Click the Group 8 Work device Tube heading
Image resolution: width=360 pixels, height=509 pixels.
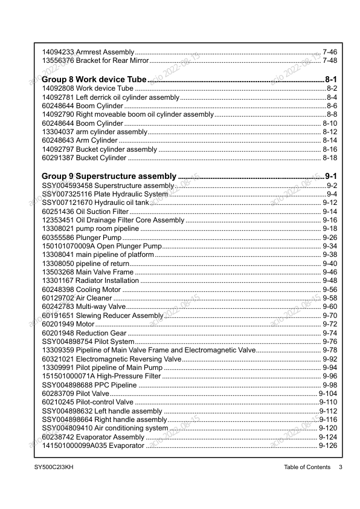[94, 80]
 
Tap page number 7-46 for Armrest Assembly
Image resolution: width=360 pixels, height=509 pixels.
[330, 53]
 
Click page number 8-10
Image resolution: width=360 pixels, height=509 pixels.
[330, 123]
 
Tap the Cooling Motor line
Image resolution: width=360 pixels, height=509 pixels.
[82, 290]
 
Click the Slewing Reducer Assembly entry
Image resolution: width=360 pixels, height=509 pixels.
[103, 316]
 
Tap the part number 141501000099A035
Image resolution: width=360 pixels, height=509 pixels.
[74, 446]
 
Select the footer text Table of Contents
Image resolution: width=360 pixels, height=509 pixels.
[307, 467]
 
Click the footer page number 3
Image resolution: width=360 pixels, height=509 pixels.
[340, 467]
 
